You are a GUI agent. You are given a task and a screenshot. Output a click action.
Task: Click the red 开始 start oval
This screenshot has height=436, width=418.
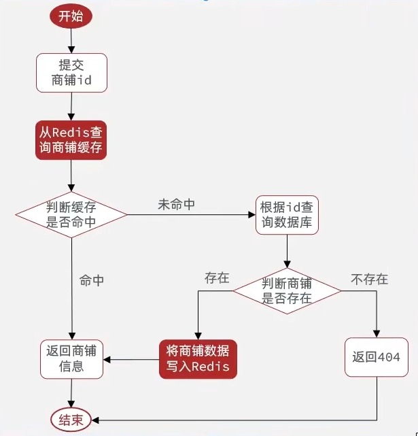pyautogui.click(x=71, y=17)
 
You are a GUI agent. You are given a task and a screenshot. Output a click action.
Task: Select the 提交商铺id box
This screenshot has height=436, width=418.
pyautogui.click(x=71, y=73)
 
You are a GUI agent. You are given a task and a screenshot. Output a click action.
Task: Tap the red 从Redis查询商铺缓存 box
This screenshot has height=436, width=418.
pyautogui.click(x=71, y=139)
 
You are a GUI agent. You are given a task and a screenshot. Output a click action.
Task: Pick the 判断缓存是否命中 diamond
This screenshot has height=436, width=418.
pyautogui.click(x=71, y=214)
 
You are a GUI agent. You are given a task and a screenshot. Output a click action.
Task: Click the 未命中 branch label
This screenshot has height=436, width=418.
pyautogui.click(x=176, y=205)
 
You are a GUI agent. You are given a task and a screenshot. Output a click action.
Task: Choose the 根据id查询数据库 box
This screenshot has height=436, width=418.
pyautogui.click(x=287, y=215)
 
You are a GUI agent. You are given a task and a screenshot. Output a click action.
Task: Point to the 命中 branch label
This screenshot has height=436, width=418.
pyautogui.click(x=92, y=280)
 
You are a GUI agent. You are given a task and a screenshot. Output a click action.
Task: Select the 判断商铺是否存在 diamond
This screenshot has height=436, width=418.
pyautogui.click(x=287, y=290)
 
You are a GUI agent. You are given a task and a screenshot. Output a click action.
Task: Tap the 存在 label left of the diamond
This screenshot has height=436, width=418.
pyautogui.click(x=217, y=278)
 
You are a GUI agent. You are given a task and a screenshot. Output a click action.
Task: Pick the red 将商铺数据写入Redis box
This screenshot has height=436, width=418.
pyautogui.click(x=198, y=358)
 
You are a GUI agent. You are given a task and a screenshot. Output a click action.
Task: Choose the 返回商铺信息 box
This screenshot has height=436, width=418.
pyautogui.click(x=71, y=358)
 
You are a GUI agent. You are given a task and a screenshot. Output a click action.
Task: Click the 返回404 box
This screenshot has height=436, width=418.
pyautogui.click(x=376, y=357)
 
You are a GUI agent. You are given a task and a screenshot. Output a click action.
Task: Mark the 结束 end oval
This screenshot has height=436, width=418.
pyautogui.click(x=71, y=420)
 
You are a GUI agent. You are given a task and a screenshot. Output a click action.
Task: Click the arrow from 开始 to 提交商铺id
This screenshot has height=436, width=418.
pyautogui.click(x=71, y=42)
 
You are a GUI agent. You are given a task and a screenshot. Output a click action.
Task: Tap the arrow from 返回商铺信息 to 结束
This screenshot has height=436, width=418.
pyautogui.click(x=71, y=393)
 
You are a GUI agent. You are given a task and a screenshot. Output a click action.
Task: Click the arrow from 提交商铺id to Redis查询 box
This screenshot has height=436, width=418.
pyautogui.click(x=71, y=106)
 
